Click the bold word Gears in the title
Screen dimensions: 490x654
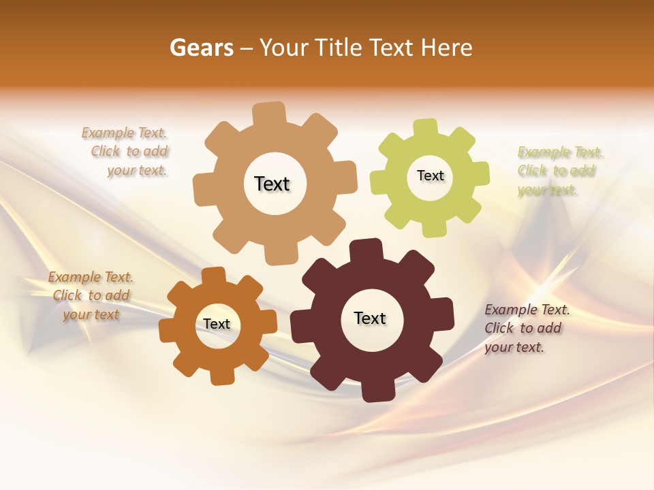[x=201, y=48]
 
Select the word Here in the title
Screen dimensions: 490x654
[x=447, y=48]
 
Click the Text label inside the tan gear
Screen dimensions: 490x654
[x=272, y=184]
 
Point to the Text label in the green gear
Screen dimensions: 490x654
[x=430, y=176]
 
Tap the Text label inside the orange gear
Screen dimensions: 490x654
[x=217, y=324]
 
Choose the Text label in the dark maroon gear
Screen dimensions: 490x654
[x=370, y=318]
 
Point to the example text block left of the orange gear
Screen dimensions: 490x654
[x=91, y=296]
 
